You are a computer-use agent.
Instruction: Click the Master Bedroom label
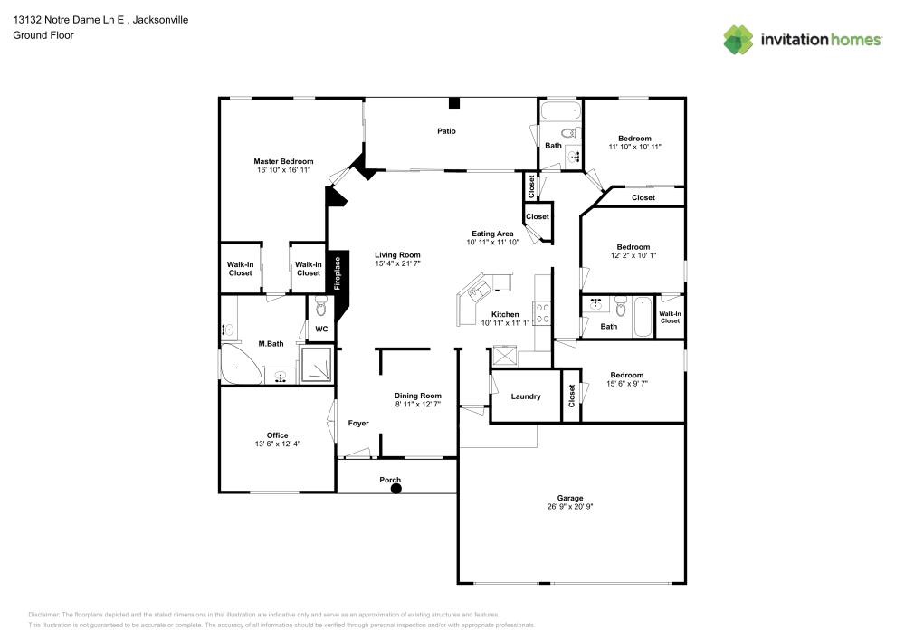[x=283, y=162]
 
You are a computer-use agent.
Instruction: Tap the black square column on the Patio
[x=454, y=103]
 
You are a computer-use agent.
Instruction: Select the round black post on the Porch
[x=396, y=489]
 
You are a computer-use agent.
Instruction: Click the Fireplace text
[x=338, y=273]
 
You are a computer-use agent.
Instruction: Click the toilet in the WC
[x=321, y=307]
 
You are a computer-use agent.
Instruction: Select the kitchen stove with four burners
[x=542, y=313]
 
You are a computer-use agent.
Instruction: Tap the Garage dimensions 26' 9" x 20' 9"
[x=570, y=507]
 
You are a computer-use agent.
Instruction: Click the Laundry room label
[x=526, y=396]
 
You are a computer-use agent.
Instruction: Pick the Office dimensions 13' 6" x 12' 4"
[x=278, y=444]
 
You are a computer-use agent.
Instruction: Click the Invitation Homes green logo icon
[x=738, y=40]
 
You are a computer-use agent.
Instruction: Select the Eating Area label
[x=492, y=234]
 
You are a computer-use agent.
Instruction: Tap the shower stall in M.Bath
[x=317, y=364]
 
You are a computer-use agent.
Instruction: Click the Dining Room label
[x=418, y=396]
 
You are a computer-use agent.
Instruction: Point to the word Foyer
[x=358, y=423]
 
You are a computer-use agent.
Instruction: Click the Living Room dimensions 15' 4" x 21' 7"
[x=397, y=263]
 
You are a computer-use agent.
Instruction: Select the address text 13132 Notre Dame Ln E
[x=69, y=20]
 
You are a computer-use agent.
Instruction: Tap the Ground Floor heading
[x=43, y=35]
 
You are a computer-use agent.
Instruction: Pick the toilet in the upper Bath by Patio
[x=571, y=133]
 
